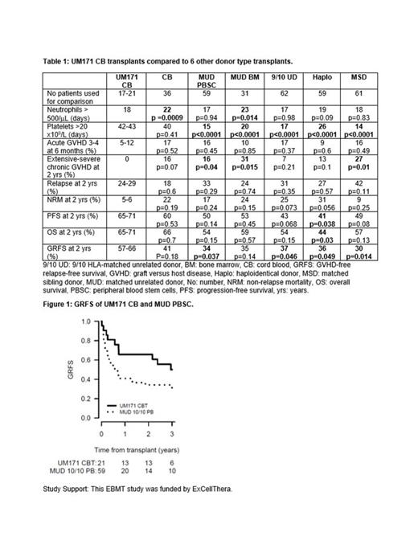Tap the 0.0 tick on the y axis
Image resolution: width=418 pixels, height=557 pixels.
coord(85,419)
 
